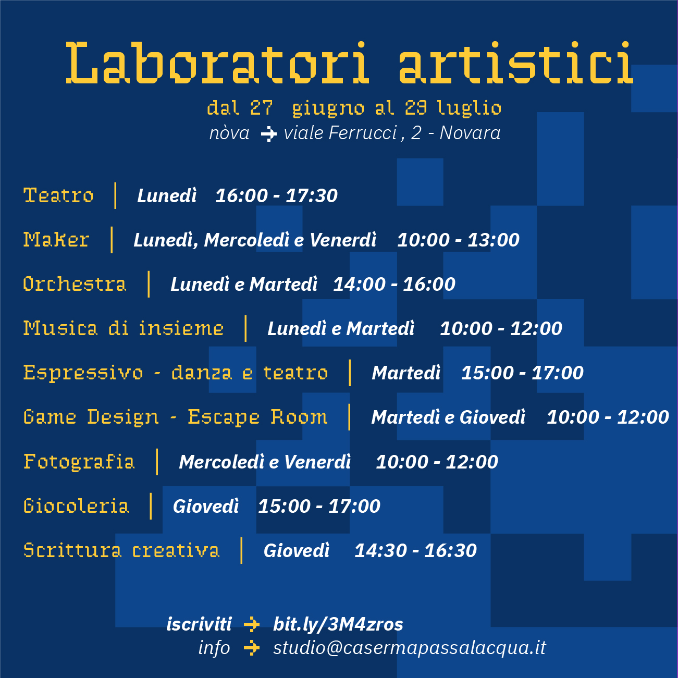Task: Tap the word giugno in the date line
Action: tap(328, 108)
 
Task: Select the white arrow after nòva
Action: tap(269, 134)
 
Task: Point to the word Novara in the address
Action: tap(470, 133)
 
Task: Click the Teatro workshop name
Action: tap(58, 195)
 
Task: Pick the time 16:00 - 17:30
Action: tap(277, 195)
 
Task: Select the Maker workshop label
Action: tap(56, 240)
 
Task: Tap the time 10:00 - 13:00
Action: tap(458, 240)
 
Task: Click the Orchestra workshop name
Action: tap(75, 284)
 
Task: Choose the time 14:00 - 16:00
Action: tap(394, 285)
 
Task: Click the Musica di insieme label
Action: tap(124, 328)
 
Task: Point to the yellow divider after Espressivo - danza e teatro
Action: tap(349, 373)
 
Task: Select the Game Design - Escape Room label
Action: tap(175, 417)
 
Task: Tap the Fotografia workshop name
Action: tap(79, 462)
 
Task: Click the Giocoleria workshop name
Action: tap(76, 506)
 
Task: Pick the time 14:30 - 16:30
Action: tap(415, 550)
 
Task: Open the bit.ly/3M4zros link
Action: tap(338, 624)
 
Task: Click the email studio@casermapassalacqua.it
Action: tap(410, 648)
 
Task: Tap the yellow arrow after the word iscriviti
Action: tap(252, 624)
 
